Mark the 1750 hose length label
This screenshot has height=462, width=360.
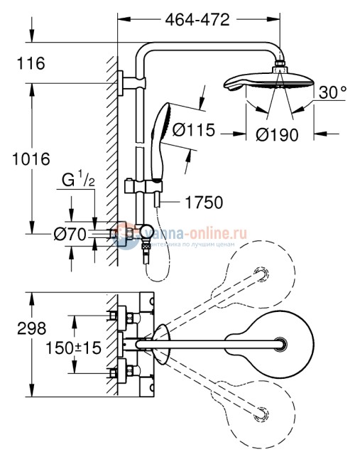[x=203, y=203]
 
